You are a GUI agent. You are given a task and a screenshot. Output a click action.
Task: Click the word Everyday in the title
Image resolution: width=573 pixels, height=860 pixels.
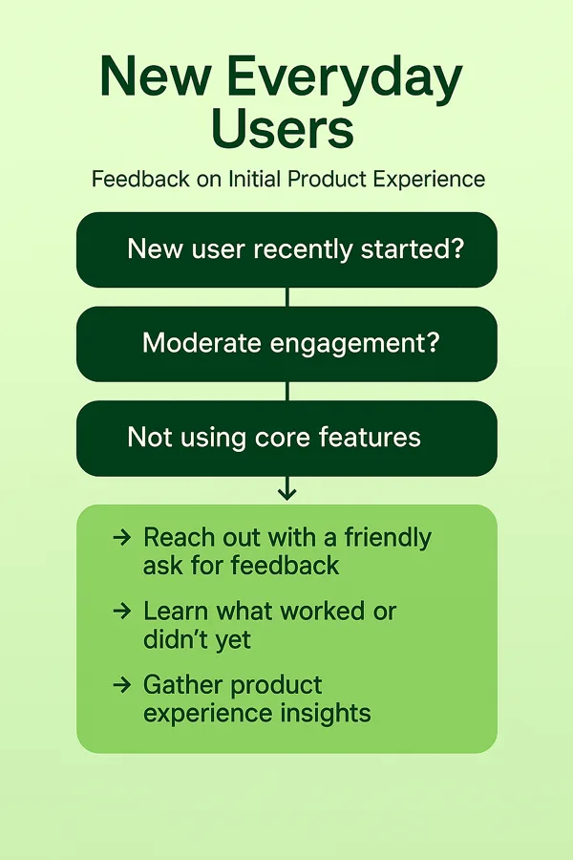tap(345, 78)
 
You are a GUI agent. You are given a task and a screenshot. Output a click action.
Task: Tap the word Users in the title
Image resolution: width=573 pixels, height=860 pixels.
tap(283, 129)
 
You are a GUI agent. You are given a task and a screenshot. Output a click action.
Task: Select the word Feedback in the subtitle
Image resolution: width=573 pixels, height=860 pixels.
tap(140, 179)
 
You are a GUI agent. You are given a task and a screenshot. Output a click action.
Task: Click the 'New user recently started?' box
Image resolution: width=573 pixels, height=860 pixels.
tap(286, 249)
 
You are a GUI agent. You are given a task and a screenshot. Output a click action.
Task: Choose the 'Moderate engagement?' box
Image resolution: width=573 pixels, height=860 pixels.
tap(286, 344)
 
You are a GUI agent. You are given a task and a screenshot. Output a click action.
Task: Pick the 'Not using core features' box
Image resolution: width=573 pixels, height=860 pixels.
tap(286, 439)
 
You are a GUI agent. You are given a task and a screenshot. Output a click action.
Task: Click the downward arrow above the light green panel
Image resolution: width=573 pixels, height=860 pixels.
tap(287, 488)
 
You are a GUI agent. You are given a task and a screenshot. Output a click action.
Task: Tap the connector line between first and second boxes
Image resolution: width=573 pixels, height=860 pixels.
tap(287, 297)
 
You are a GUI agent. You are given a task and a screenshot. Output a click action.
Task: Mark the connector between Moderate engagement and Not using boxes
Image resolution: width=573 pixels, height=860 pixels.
tap(287, 391)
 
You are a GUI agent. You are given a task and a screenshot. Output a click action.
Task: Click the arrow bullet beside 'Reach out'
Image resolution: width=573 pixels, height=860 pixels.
tap(121, 537)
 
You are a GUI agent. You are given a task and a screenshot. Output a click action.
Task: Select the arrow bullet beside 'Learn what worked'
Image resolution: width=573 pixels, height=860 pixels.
tap(121, 611)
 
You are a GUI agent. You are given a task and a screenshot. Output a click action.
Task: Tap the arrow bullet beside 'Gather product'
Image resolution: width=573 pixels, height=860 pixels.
tap(121, 684)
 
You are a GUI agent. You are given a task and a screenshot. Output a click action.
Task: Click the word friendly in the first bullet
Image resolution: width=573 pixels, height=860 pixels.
tap(388, 538)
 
